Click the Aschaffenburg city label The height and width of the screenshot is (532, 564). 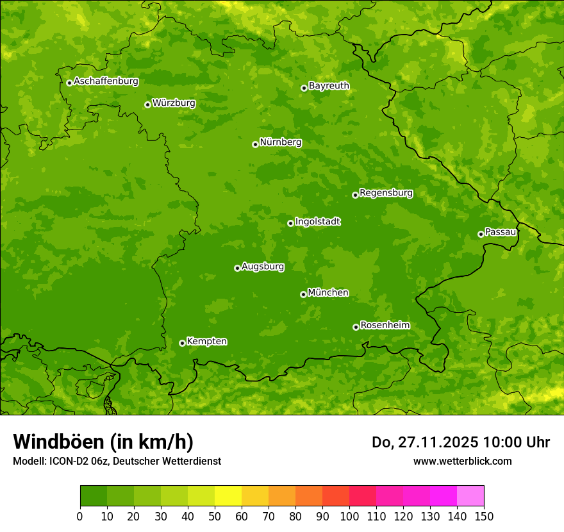(x=106, y=81)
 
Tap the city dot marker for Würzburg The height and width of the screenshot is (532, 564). (x=147, y=104)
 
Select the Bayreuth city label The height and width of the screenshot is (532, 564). (x=329, y=86)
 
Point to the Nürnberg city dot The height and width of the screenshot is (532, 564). (x=255, y=144)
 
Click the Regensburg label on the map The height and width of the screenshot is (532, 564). (x=386, y=193)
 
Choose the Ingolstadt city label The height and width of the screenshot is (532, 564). (x=317, y=222)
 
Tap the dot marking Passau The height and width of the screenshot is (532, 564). (x=481, y=234)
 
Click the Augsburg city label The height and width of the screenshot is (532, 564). (x=263, y=267)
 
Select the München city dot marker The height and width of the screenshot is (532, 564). (x=303, y=294)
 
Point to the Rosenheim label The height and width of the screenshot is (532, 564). (x=385, y=326)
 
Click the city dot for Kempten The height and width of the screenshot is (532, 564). (x=182, y=343)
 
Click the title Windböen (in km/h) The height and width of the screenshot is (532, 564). (x=103, y=442)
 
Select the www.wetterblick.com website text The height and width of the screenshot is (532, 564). (x=462, y=461)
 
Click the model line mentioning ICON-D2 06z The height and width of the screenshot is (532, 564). (x=117, y=461)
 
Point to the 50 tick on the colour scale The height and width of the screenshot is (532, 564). (x=215, y=516)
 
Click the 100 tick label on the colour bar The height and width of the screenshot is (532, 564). (x=349, y=516)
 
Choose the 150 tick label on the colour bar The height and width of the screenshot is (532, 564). (x=484, y=516)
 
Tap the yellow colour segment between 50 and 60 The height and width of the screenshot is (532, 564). (x=228, y=495)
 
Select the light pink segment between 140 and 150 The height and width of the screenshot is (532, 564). (x=470, y=495)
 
